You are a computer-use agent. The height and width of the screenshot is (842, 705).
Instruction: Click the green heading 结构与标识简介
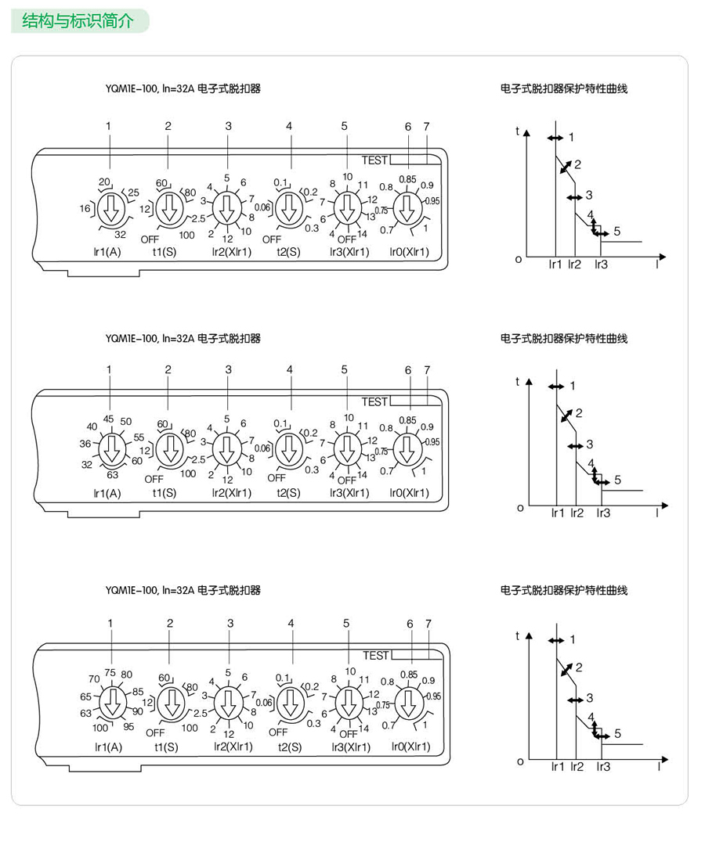coord(78,20)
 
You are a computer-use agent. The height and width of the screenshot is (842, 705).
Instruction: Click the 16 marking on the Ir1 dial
coord(85,209)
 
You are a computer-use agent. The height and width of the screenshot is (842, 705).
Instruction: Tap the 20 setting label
coord(103,182)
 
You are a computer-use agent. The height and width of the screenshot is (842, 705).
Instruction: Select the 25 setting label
coord(133,193)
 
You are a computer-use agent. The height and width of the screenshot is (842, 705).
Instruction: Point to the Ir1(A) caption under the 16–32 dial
coord(107,252)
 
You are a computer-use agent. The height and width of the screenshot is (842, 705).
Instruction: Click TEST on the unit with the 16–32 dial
coord(374,160)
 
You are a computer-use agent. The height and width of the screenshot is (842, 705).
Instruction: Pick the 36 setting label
coord(85,443)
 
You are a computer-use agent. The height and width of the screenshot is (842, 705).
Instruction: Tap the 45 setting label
coord(109,419)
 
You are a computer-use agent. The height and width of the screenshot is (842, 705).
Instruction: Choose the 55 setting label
coord(139,437)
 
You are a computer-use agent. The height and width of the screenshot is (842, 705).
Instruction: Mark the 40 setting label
coord(92,426)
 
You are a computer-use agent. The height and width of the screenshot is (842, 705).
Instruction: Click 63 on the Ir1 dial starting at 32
coord(112,474)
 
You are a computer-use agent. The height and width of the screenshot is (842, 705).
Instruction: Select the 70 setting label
coord(94,678)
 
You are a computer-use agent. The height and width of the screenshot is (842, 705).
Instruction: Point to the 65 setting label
coord(85,696)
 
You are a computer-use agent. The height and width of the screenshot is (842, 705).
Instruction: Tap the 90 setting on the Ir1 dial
coord(139,711)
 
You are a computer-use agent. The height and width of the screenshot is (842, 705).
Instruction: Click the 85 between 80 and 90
coord(138,691)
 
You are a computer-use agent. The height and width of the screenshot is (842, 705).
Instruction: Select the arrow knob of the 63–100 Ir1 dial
coord(113,702)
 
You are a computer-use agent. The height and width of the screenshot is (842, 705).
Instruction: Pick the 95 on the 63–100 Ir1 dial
coord(128,727)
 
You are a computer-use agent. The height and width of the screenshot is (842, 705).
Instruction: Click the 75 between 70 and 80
coord(110,672)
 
